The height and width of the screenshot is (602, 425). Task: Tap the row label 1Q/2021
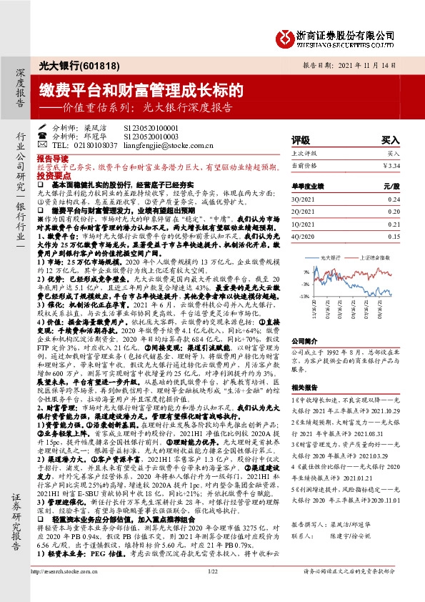[x=304, y=223]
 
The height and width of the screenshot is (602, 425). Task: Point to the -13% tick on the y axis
[x=304, y=295]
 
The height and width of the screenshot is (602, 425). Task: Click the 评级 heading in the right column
[x=301, y=140]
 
